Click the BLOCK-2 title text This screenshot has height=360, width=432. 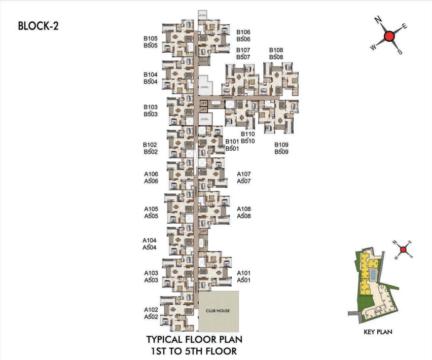point(38,26)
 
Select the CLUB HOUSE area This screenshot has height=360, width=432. point(218,311)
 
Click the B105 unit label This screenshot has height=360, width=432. point(151,39)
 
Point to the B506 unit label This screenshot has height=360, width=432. point(243,39)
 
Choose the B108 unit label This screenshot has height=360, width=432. point(276,50)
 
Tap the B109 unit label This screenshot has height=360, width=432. point(282,145)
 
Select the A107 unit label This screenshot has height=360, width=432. point(244,174)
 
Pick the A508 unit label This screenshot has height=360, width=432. point(244,216)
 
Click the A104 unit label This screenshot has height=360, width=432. point(150,240)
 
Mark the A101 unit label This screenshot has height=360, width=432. point(244,273)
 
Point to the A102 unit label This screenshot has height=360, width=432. point(151,310)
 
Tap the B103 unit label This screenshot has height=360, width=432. point(151,107)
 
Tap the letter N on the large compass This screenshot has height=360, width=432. point(378,20)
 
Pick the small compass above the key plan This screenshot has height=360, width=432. point(403,249)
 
